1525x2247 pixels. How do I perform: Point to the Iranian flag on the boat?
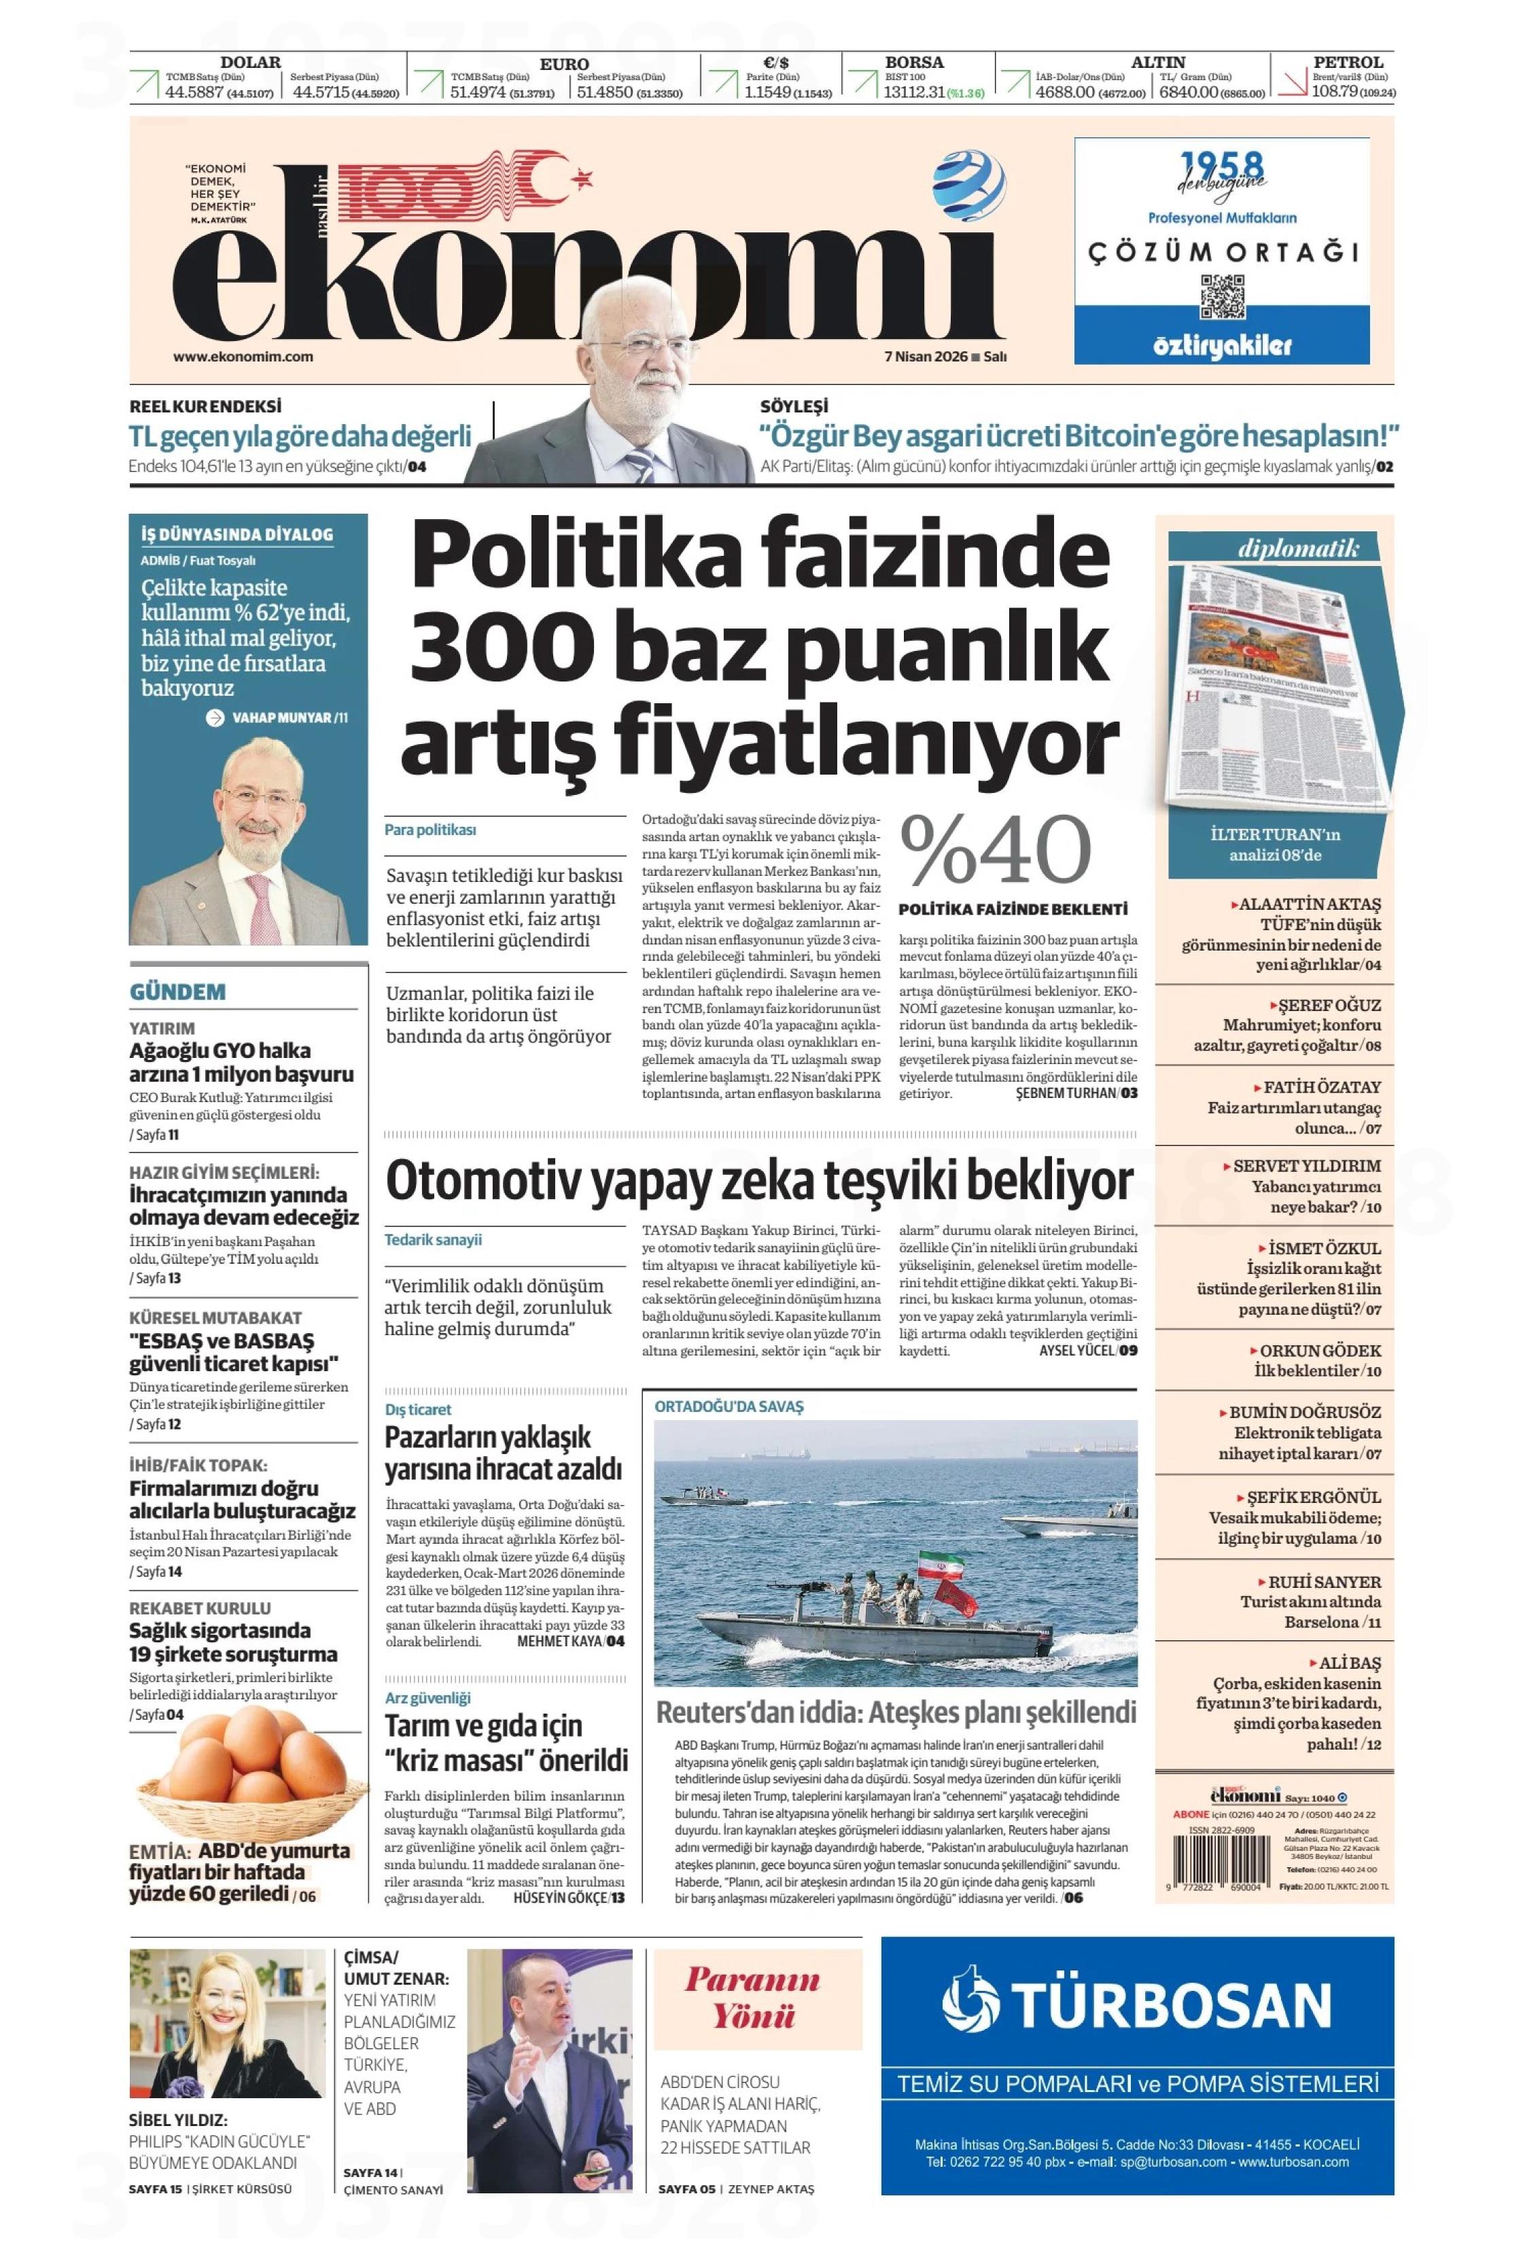[930, 1563]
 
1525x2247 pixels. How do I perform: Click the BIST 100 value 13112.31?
[912, 93]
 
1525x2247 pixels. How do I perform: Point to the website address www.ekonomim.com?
[243, 356]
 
